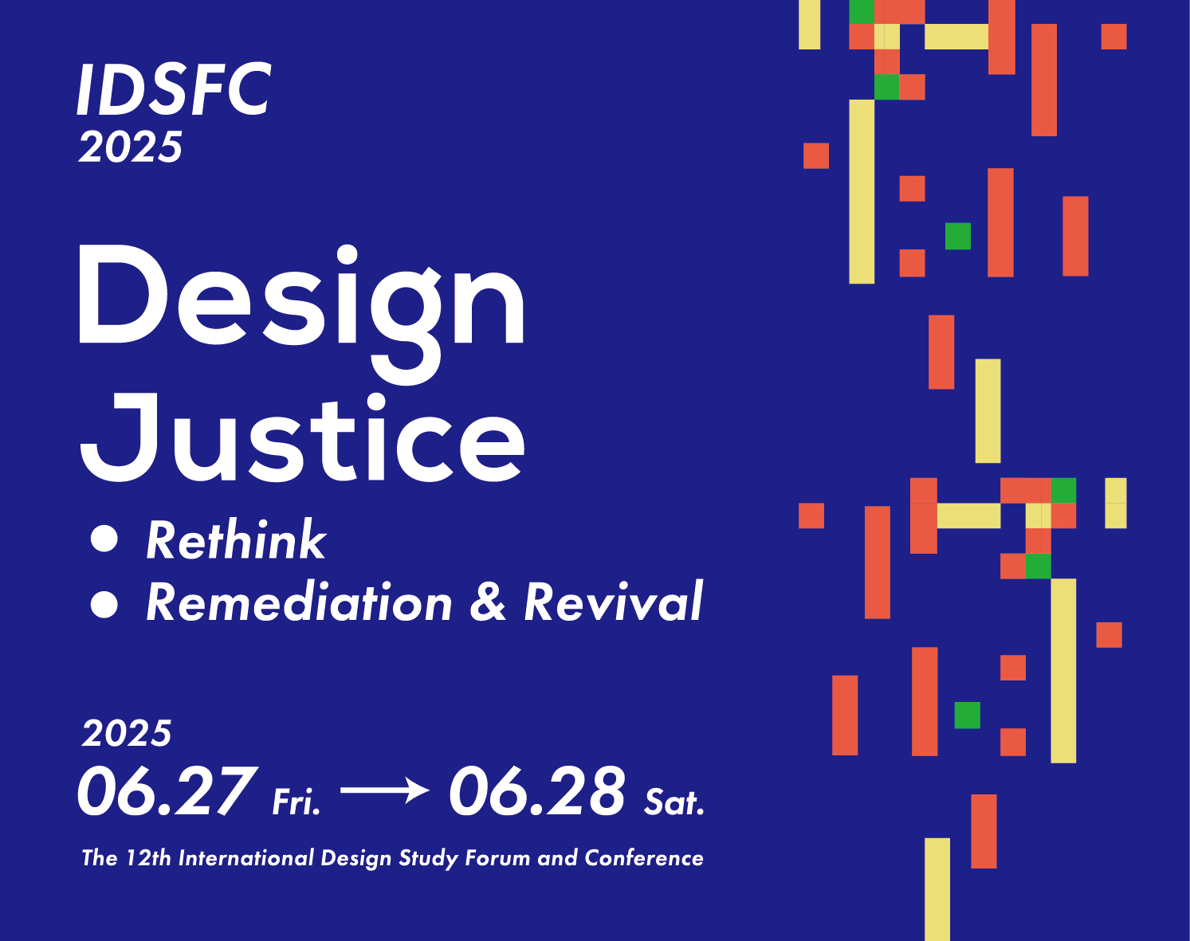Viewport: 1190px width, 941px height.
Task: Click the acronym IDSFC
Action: pyautogui.click(x=174, y=89)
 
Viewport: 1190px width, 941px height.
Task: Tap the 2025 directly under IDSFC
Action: pyautogui.click(x=131, y=147)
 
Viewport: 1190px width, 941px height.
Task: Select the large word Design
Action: pyautogui.click(x=301, y=313)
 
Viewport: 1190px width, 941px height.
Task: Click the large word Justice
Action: pyautogui.click(x=302, y=437)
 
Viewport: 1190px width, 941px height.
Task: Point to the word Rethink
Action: pyautogui.click(x=236, y=539)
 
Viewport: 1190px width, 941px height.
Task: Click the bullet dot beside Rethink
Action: pyautogui.click(x=104, y=539)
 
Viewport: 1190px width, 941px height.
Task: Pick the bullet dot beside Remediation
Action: pyautogui.click(x=104, y=604)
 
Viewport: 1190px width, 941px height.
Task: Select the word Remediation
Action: pyautogui.click(x=299, y=602)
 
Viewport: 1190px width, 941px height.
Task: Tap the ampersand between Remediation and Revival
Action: pyautogui.click(x=488, y=602)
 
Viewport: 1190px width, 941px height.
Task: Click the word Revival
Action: pyautogui.click(x=614, y=601)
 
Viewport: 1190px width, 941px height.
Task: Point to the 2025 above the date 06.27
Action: pyautogui.click(x=128, y=734)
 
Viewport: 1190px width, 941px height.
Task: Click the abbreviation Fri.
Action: pyautogui.click(x=297, y=802)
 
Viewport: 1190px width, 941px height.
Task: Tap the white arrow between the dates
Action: pyautogui.click(x=385, y=790)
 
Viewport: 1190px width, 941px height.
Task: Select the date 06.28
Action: pyautogui.click(x=537, y=791)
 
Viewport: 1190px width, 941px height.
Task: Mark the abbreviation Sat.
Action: pyautogui.click(x=674, y=802)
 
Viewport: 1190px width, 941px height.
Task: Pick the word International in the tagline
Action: pyautogui.click(x=246, y=857)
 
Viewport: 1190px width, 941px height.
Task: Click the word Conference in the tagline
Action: pyautogui.click(x=644, y=857)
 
